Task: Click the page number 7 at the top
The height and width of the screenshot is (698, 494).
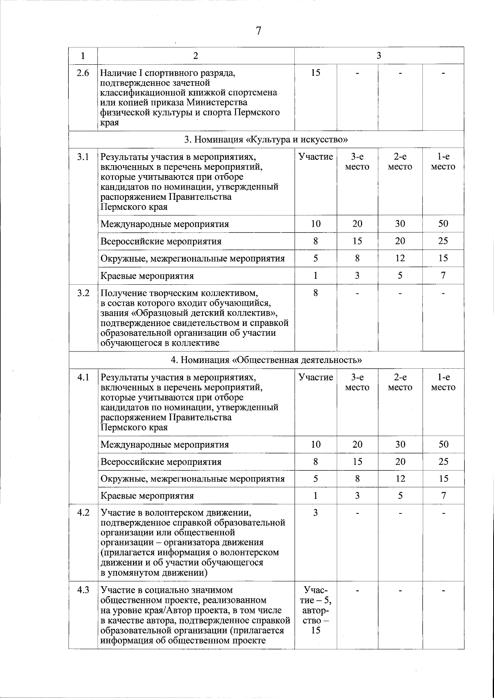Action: (x=259, y=31)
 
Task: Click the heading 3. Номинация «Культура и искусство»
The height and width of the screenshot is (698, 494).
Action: (x=266, y=139)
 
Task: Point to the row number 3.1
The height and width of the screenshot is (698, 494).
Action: (x=83, y=157)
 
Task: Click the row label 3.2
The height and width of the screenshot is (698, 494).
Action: (x=83, y=293)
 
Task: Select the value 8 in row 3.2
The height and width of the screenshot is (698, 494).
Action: (x=316, y=293)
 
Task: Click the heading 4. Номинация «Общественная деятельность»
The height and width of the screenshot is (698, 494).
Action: (x=266, y=360)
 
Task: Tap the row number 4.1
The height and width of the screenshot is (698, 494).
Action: (x=83, y=377)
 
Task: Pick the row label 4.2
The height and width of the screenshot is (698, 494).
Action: (x=83, y=513)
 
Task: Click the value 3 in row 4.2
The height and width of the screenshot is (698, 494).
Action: (x=316, y=513)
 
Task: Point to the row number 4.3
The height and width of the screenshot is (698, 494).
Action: (x=83, y=590)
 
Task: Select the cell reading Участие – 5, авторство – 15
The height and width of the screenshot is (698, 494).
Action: (x=316, y=610)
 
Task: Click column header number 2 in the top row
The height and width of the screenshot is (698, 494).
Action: (x=196, y=56)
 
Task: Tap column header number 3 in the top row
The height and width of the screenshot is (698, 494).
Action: (x=379, y=56)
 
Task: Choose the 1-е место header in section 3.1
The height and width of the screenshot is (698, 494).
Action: (x=443, y=162)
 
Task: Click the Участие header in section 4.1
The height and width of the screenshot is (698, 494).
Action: (x=316, y=377)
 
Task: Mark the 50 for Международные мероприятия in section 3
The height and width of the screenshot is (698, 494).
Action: (x=443, y=224)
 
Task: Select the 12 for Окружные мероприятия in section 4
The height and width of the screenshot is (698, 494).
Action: (x=400, y=479)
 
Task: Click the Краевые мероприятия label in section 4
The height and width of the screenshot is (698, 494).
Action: (x=147, y=496)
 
